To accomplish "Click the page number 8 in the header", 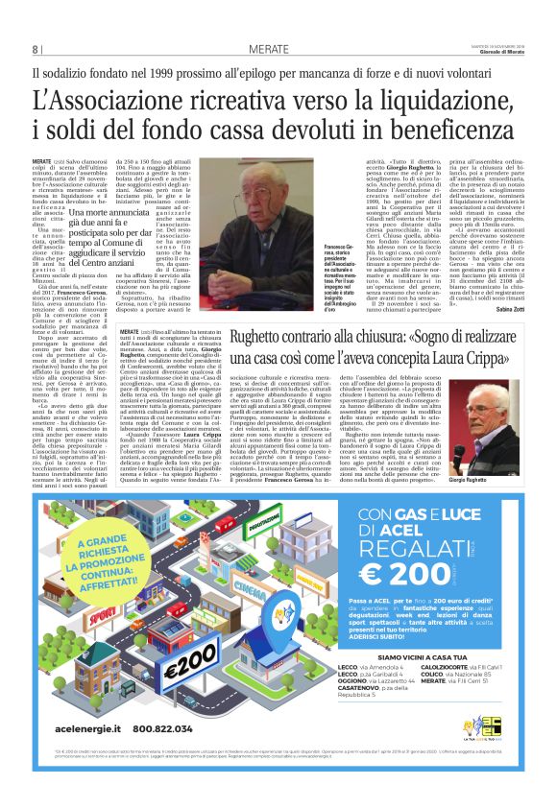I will pos(36,50).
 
